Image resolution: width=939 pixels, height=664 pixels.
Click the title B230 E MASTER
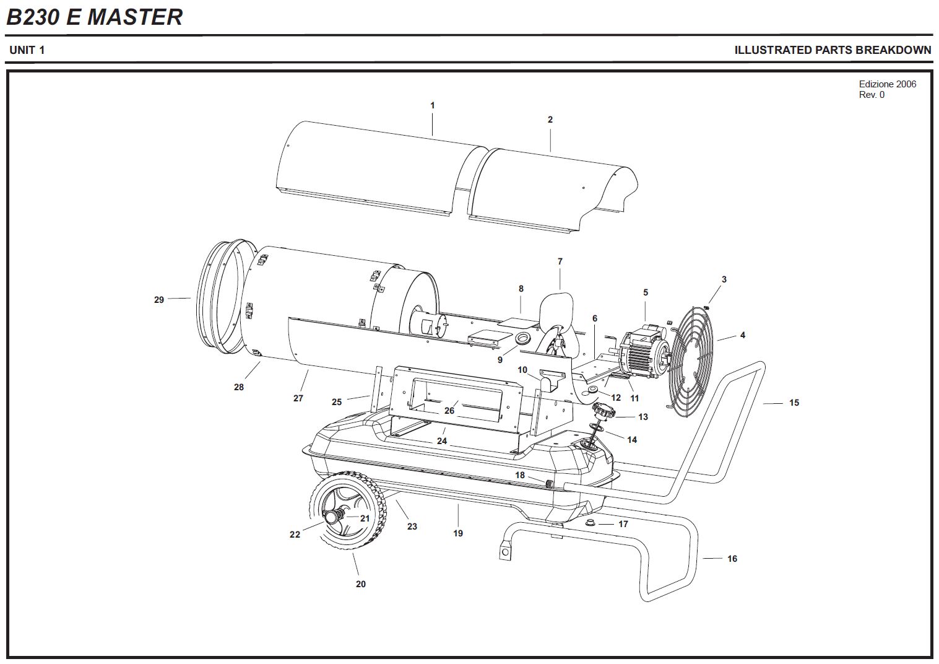[x=94, y=17]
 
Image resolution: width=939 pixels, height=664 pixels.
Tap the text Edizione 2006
[x=887, y=84]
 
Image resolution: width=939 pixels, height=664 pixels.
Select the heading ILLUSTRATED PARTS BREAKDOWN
[x=832, y=50]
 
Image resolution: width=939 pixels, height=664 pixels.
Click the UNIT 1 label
[x=27, y=50]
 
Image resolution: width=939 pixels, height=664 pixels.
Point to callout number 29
[x=159, y=300]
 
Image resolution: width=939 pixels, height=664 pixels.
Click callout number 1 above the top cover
[x=432, y=105]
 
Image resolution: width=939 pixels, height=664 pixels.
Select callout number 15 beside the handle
[x=794, y=403]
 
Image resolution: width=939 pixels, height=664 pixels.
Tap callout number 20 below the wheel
[x=360, y=583]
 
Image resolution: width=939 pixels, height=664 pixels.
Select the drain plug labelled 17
[x=591, y=523]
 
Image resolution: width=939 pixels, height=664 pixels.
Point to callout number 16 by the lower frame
[x=732, y=559]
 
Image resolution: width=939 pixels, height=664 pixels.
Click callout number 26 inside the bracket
[x=449, y=410]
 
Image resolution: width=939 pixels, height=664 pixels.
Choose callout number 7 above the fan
[x=560, y=261]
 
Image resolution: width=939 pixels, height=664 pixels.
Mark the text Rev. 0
[x=872, y=95]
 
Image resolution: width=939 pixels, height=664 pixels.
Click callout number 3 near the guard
[x=724, y=279]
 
